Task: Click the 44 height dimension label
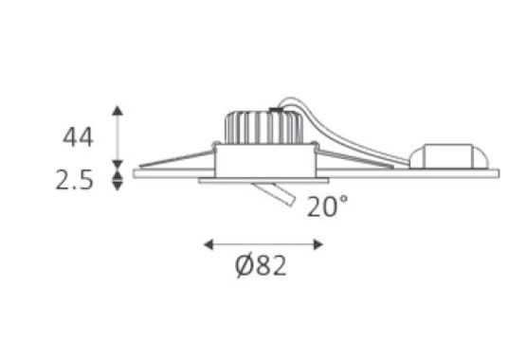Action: tap(78, 137)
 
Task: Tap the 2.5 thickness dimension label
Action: tap(74, 180)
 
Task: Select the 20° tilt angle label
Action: tap(328, 207)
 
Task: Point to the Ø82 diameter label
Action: tap(261, 266)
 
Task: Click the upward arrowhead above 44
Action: tap(118, 110)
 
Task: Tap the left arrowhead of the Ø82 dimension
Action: tap(209, 244)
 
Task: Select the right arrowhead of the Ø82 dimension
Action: tap(318, 244)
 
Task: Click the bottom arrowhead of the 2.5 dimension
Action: tap(118, 186)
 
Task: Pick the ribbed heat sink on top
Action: tap(263, 127)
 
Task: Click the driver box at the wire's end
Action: tap(449, 156)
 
